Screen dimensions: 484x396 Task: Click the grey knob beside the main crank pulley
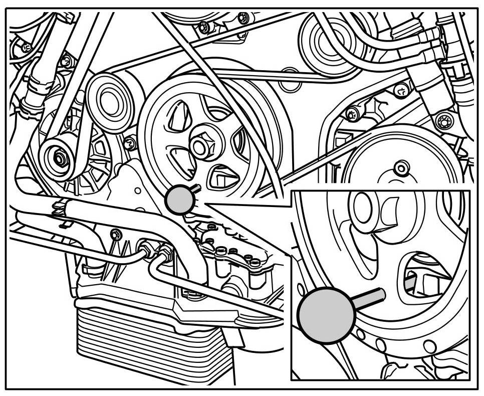(x=179, y=200)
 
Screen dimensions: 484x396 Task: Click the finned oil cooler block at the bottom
(x=155, y=346)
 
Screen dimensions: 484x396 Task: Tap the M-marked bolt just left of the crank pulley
(x=131, y=144)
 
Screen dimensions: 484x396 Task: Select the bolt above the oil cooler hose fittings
(x=116, y=234)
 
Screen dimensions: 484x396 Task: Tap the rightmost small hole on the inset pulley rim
(x=430, y=346)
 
